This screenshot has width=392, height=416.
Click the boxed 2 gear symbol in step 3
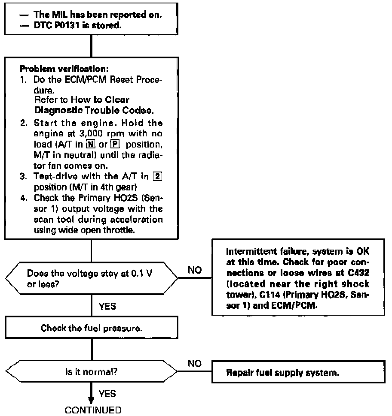158,176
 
